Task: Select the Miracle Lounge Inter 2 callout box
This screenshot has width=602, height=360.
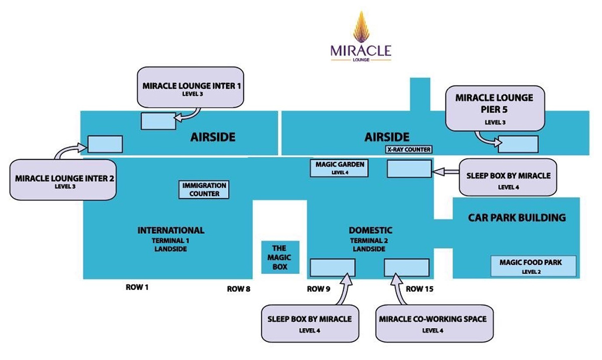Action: click(63, 180)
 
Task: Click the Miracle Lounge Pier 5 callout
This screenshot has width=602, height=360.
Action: click(494, 107)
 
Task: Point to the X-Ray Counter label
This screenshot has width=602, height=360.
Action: click(408, 149)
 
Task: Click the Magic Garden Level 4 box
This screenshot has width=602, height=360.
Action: click(340, 168)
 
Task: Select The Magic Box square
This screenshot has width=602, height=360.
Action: click(280, 257)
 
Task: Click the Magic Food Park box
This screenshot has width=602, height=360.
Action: click(533, 266)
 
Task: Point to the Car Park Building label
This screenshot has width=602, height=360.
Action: click(517, 218)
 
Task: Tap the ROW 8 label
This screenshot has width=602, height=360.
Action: click(239, 289)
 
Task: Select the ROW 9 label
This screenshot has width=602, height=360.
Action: click(319, 289)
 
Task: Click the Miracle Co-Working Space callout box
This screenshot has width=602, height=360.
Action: click(432, 323)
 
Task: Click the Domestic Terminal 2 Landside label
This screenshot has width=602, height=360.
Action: click(370, 239)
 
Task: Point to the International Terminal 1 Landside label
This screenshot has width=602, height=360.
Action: click(171, 239)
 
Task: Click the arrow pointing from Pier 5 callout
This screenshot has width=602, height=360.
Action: click(487, 140)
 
